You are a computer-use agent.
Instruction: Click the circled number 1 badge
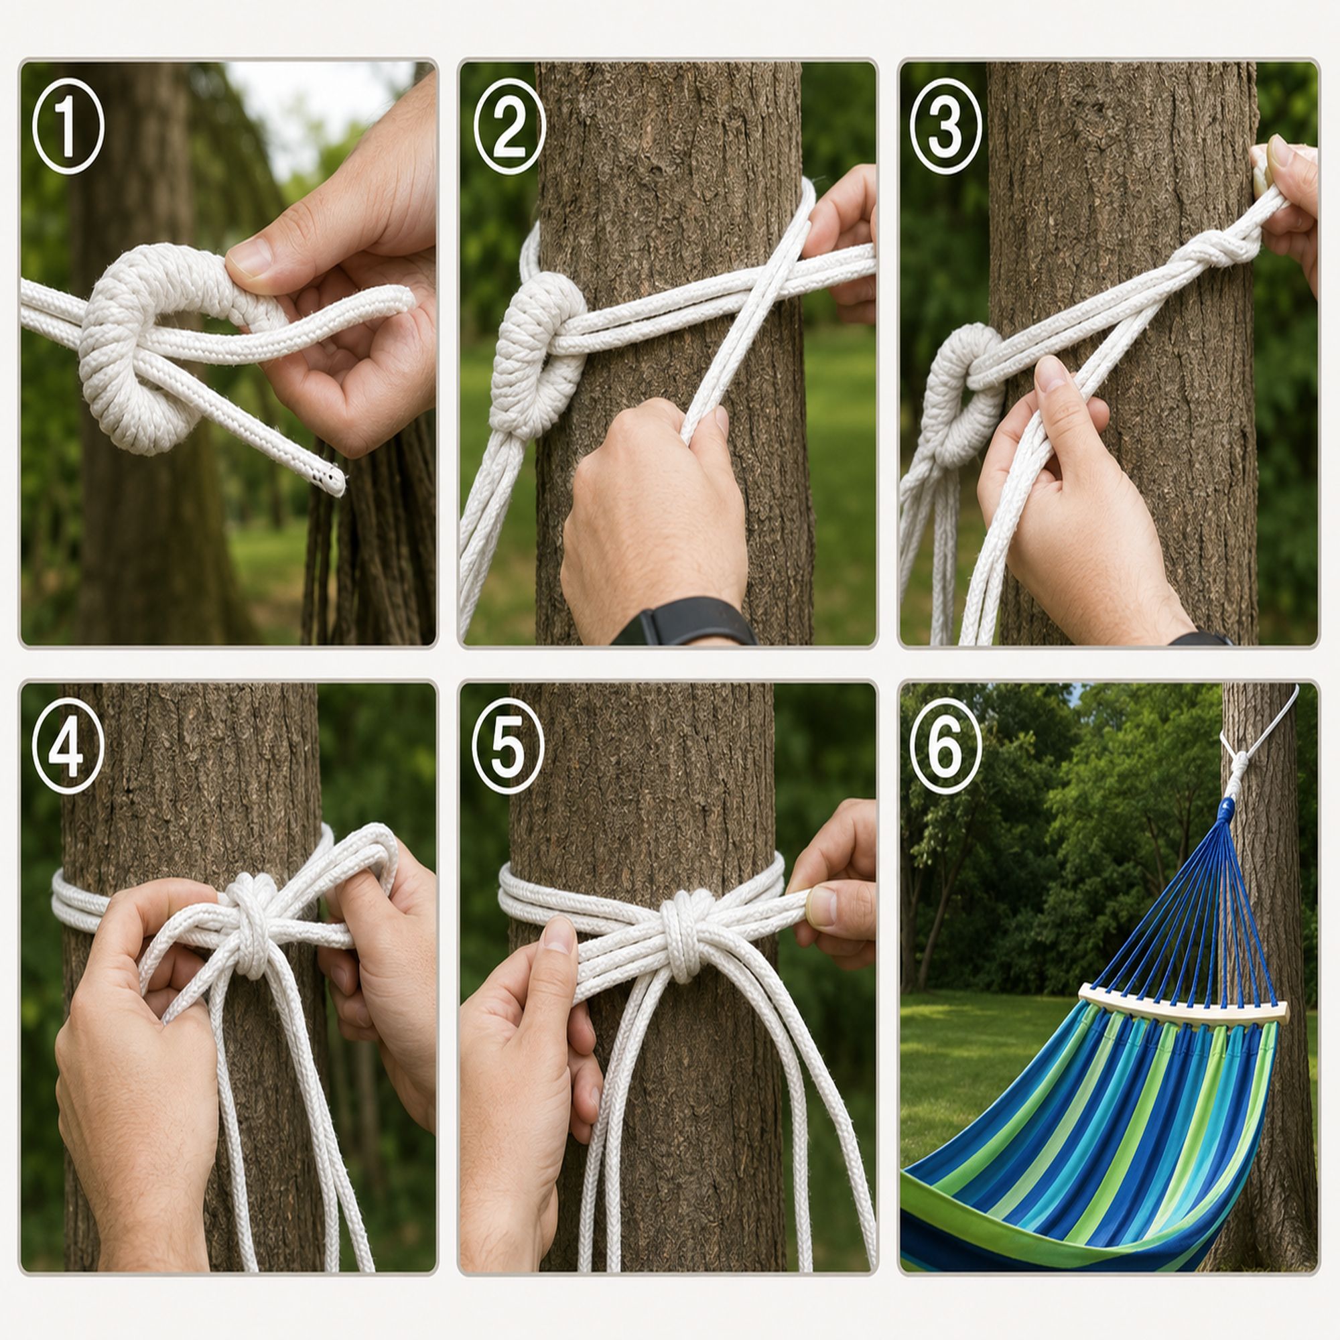pyautogui.click(x=68, y=125)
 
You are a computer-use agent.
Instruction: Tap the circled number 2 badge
pyautogui.click(x=509, y=125)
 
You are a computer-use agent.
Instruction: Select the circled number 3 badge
pyautogui.click(x=945, y=125)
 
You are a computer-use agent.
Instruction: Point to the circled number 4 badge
pyautogui.click(x=68, y=746)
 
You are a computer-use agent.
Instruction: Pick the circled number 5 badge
pyautogui.click(x=509, y=746)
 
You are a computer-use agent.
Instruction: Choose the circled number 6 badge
pyautogui.click(x=945, y=746)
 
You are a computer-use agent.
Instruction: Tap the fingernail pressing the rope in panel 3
pyautogui.click(x=1051, y=375)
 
